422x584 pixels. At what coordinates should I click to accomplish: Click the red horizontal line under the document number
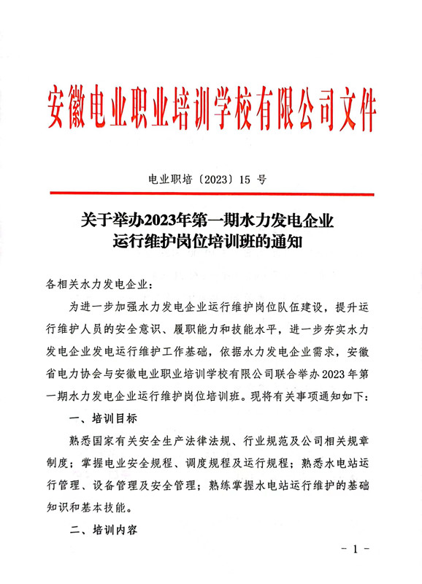(211, 193)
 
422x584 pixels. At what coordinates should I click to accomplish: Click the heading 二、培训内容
(103, 533)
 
